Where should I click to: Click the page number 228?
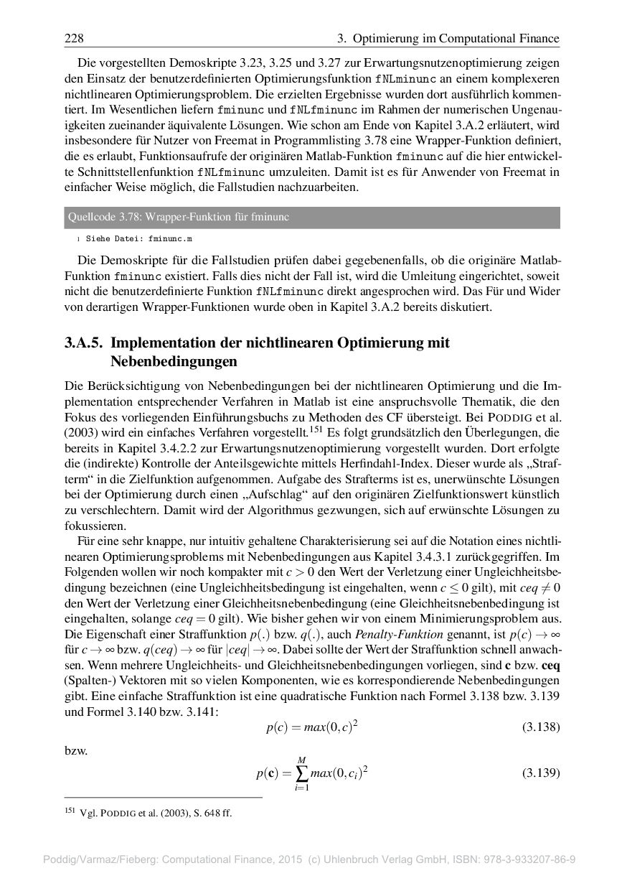coord(74,38)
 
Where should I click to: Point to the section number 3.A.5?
coord(85,343)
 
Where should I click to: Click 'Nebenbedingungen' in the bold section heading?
coord(174,360)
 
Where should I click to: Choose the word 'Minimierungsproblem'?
coord(501,620)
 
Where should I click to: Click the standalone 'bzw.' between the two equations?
coord(76,751)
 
